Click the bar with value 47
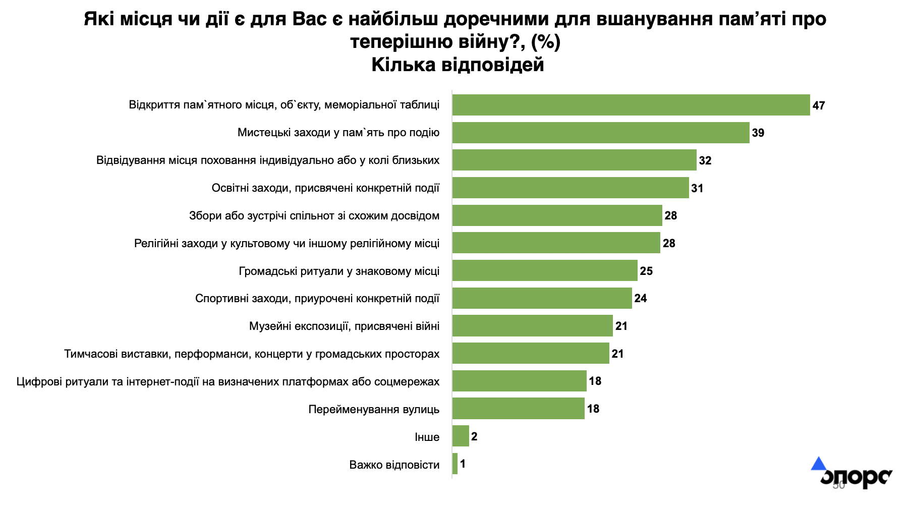[x=631, y=105]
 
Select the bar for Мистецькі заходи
[x=600, y=133]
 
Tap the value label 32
[x=705, y=160]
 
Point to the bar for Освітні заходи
[x=570, y=188]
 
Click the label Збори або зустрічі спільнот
[x=314, y=216]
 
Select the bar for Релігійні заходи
[x=556, y=243]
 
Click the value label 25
[x=646, y=271]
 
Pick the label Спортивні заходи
[x=317, y=299]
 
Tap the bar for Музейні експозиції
[x=532, y=326]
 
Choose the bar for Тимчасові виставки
[x=531, y=353]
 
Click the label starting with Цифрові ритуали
[x=228, y=381]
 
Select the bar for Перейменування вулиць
[x=518, y=409]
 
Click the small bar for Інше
[x=461, y=436]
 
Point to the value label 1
[x=463, y=464]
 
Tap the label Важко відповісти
[x=394, y=465]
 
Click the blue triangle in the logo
[x=818, y=464]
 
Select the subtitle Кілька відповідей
[x=458, y=65]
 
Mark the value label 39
[x=758, y=133]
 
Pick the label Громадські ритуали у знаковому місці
[x=338, y=271]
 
